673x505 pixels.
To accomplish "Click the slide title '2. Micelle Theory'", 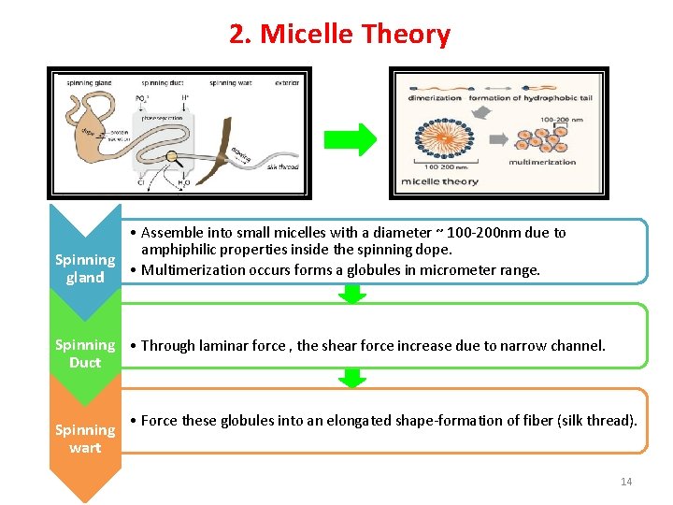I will point(339,35).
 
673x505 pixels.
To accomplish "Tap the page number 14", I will point(626,482).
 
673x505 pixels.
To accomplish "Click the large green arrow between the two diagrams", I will point(350,139).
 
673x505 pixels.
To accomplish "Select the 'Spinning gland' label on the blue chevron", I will point(85,268).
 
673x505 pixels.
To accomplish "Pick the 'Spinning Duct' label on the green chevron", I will point(85,353).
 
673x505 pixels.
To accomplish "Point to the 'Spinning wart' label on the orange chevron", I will point(85,439).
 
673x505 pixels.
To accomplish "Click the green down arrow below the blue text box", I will point(352,294).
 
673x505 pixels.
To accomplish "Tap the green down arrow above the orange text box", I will point(352,378).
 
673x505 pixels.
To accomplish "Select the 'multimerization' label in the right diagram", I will point(542,162).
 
